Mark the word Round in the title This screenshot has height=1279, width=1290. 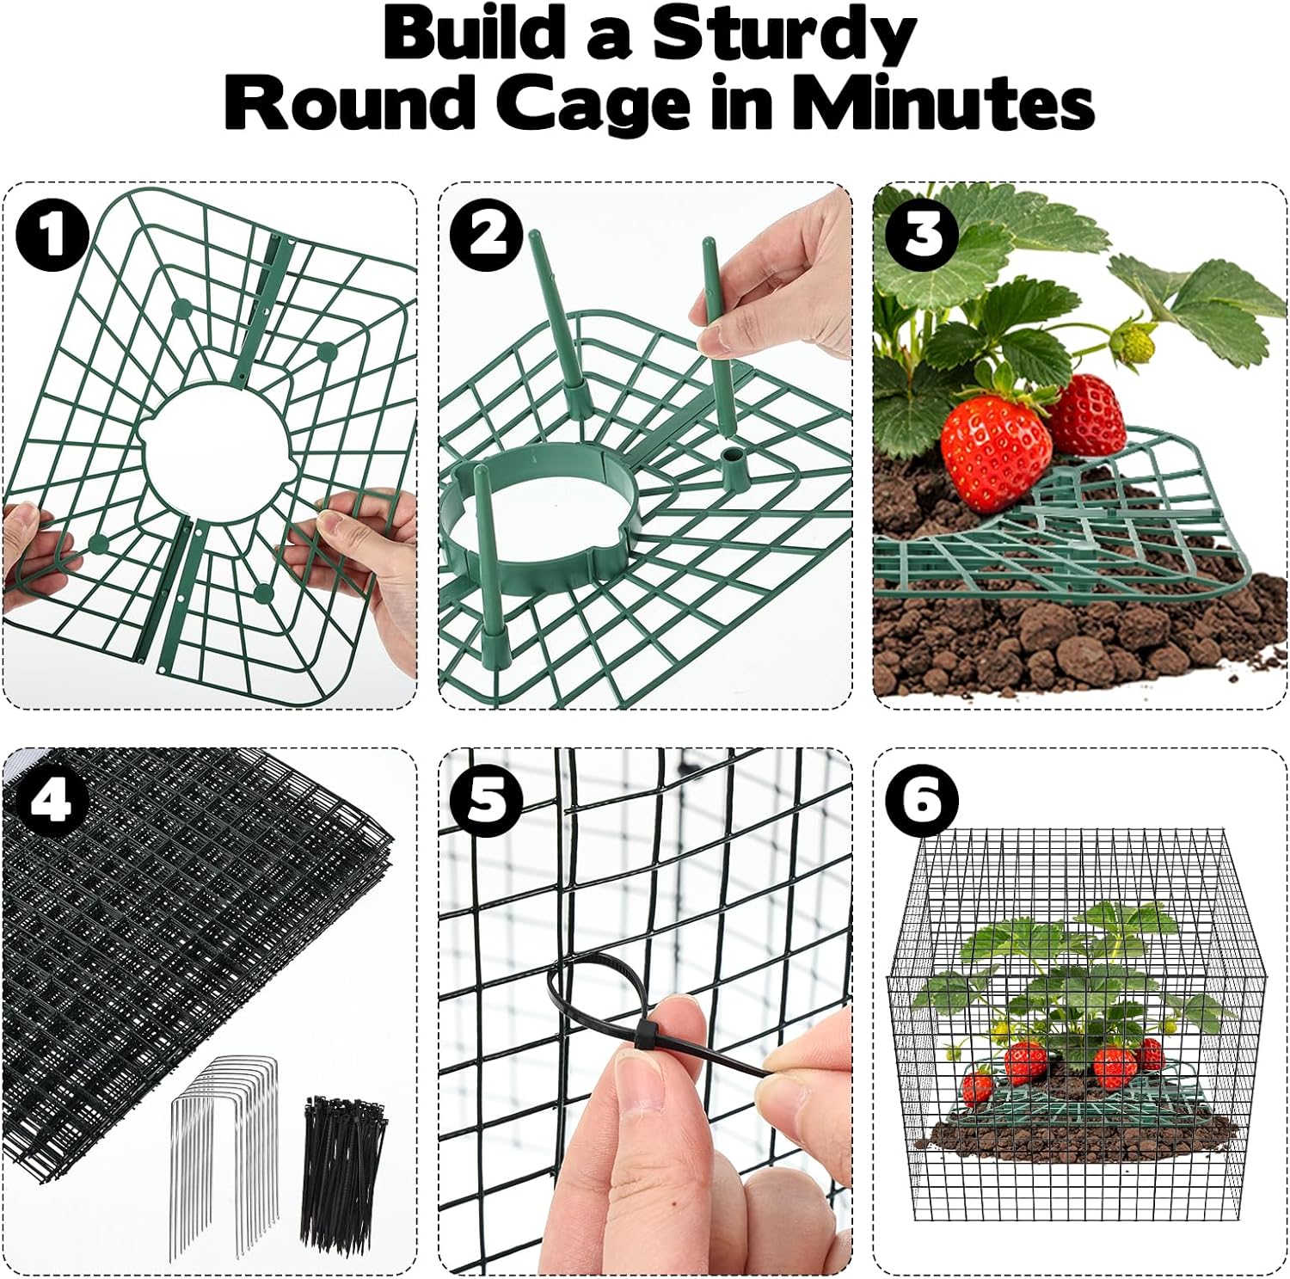[348, 105]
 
